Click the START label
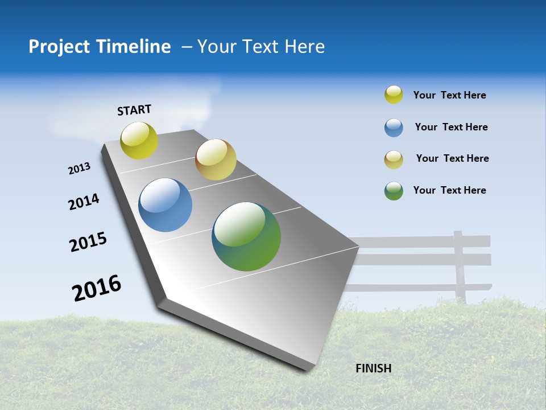134,110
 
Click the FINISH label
373,368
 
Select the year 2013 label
79,169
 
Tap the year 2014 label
84,202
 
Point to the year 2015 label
88,242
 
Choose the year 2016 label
97,288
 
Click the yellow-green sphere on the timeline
139,140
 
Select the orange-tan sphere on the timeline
216,159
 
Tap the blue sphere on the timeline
166,205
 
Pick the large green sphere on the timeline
246,236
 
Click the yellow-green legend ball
394,95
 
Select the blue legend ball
394,128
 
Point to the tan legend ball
394,159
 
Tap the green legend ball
394,191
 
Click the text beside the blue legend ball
451,127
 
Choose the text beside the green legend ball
449,190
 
